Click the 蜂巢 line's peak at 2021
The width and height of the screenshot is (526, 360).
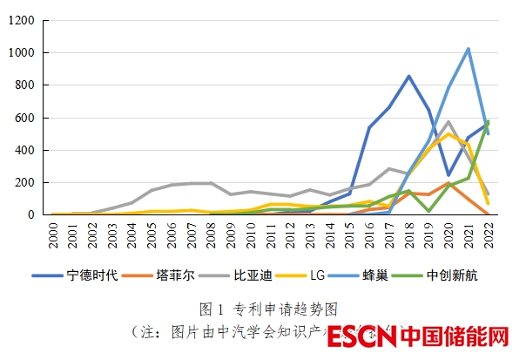(x=469, y=49)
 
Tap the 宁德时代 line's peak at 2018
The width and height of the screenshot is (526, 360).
(x=409, y=76)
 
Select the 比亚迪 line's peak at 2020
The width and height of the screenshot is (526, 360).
(x=448, y=122)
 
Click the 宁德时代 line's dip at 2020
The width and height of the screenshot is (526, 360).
(x=448, y=175)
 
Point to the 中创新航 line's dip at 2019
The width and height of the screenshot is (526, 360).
(x=429, y=211)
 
